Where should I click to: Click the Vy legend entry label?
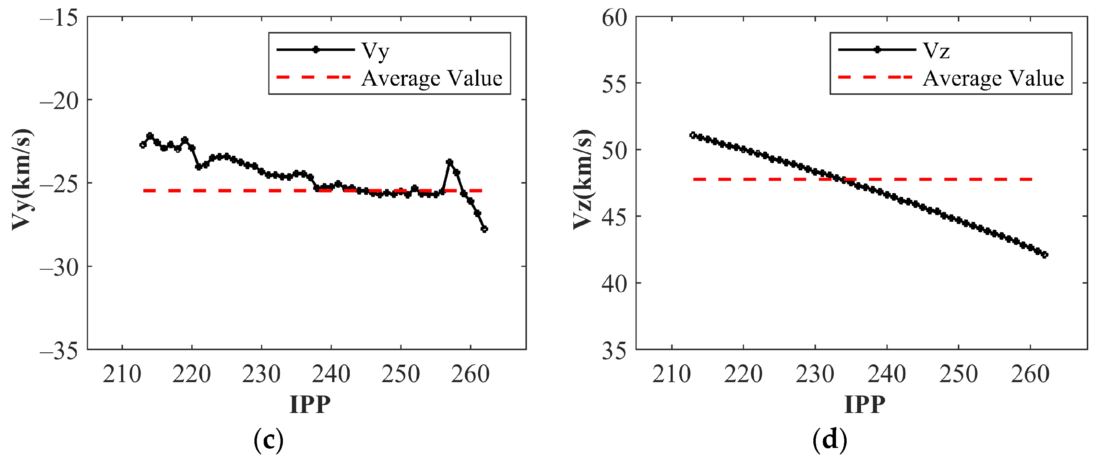pyautogui.click(x=375, y=51)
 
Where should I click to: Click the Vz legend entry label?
pyautogui.click(x=936, y=51)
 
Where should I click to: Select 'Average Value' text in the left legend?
pyautogui.click(x=432, y=78)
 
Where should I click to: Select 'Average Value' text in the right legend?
pyautogui.click(x=993, y=78)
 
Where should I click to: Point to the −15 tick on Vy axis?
pyautogui.click(x=59, y=18)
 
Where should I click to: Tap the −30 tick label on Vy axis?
pyautogui.click(x=59, y=267)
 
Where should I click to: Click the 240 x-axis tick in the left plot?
pyautogui.click(x=331, y=374)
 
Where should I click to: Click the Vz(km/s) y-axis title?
pyautogui.click(x=583, y=179)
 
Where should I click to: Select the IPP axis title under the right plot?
pyautogui.click(x=865, y=404)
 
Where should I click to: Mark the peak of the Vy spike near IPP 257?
pyautogui.click(x=449, y=162)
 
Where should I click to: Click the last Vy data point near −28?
pyautogui.click(x=484, y=229)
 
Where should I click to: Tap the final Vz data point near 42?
pyautogui.click(x=1044, y=255)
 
